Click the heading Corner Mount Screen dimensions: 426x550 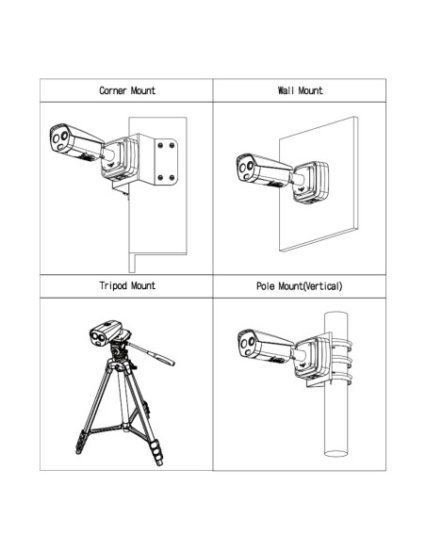pyautogui.click(x=127, y=90)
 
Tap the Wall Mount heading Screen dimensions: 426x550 pyautogui.click(x=300, y=90)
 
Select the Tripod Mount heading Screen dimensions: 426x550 pyautogui.click(x=127, y=285)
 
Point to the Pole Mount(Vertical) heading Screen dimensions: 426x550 pyautogui.click(x=300, y=286)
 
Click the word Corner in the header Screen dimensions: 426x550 pyautogui.click(x=113, y=90)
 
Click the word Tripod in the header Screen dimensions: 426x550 pyautogui.click(x=113, y=286)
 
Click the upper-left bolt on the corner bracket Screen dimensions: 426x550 pyautogui.click(x=160, y=145)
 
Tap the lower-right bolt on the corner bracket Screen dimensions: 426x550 pyautogui.click(x=172, y=177)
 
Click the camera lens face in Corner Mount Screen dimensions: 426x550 pyautogui.click(x=59, y=138)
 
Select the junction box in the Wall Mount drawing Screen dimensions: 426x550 pyautogui.click(x=311, y=183)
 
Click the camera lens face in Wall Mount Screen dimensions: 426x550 pyautogui.click(x=246, y=168)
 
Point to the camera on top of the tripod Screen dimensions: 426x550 pyautogui.click(x=106, y=332)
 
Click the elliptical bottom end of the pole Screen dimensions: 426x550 pyautogui.click(x=336, y=453)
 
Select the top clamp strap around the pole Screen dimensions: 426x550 pyautogui.click(x=342, y=343)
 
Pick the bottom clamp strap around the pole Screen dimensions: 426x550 pyautogui.click(x=342, y=379)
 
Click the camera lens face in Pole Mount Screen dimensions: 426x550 pyautogui.click(x=247, y=344)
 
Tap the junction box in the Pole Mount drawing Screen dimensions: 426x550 pyautogui.click(x=311, y=359)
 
